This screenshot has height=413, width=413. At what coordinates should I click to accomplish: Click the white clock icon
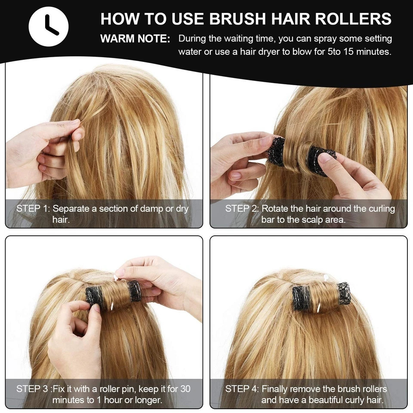[x=49, y=27]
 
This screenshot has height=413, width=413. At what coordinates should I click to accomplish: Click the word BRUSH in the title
[x=237, y=18]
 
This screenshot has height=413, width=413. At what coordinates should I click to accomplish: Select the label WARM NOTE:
[x=135, y=39]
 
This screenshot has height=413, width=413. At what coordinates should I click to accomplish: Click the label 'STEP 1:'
[x=33, y=209]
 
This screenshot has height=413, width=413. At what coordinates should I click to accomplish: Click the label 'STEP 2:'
[x=242, y=209]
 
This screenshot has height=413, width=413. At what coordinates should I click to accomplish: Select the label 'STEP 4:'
[x=242, y=389]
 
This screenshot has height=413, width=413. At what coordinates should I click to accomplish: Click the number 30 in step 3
[x=185, y=389]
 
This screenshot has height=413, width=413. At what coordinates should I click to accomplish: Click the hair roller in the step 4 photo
[x=321, y=296]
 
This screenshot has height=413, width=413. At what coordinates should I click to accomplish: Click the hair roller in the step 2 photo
[x=300, y=155]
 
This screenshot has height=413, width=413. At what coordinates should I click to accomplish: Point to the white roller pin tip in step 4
[x=326, y=277]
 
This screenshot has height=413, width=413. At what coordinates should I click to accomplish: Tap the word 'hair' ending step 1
[x=61, y=220]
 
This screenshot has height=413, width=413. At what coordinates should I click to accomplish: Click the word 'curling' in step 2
[x=382, y=209]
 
